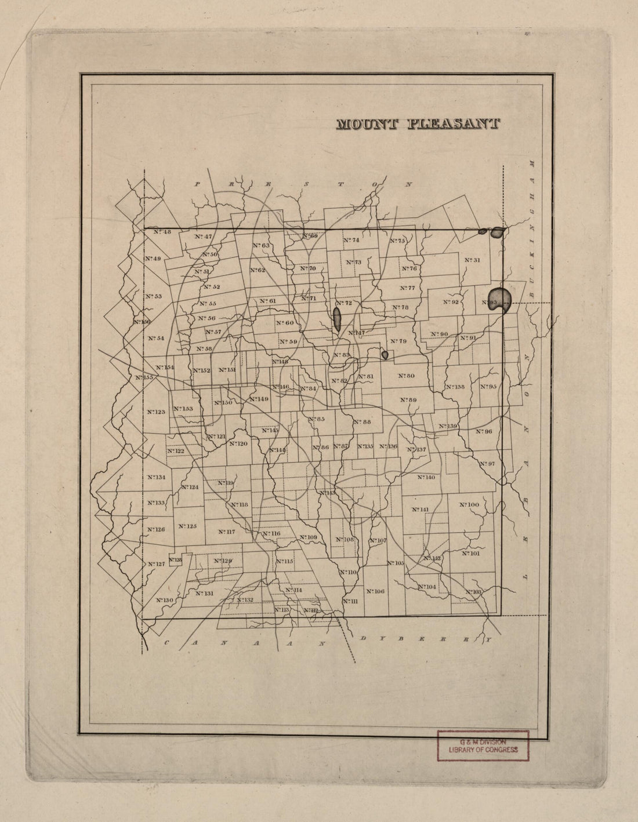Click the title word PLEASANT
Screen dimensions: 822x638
[454, 124]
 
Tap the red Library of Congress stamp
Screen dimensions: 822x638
[483, 745]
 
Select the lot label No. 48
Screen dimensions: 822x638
[162, 232]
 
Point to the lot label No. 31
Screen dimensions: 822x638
[473, 260]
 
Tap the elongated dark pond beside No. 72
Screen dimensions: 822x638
[337, 319]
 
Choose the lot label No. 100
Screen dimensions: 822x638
[469, 505]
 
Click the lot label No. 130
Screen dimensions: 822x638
[164, 600]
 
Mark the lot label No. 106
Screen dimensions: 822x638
[375, 591]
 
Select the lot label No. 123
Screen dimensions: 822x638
[156, 412]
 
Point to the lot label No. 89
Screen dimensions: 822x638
[408, 400]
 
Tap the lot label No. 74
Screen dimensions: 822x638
[351, 240]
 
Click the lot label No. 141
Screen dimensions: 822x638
[420, 510]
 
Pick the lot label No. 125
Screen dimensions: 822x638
[188, 526]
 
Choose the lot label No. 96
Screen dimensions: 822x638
[484, 431]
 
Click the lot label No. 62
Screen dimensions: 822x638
[258, 270]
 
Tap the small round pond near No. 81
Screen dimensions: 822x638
[384, 354]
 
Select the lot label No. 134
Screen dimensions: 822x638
[156, 477]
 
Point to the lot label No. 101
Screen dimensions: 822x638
[471, 553]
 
